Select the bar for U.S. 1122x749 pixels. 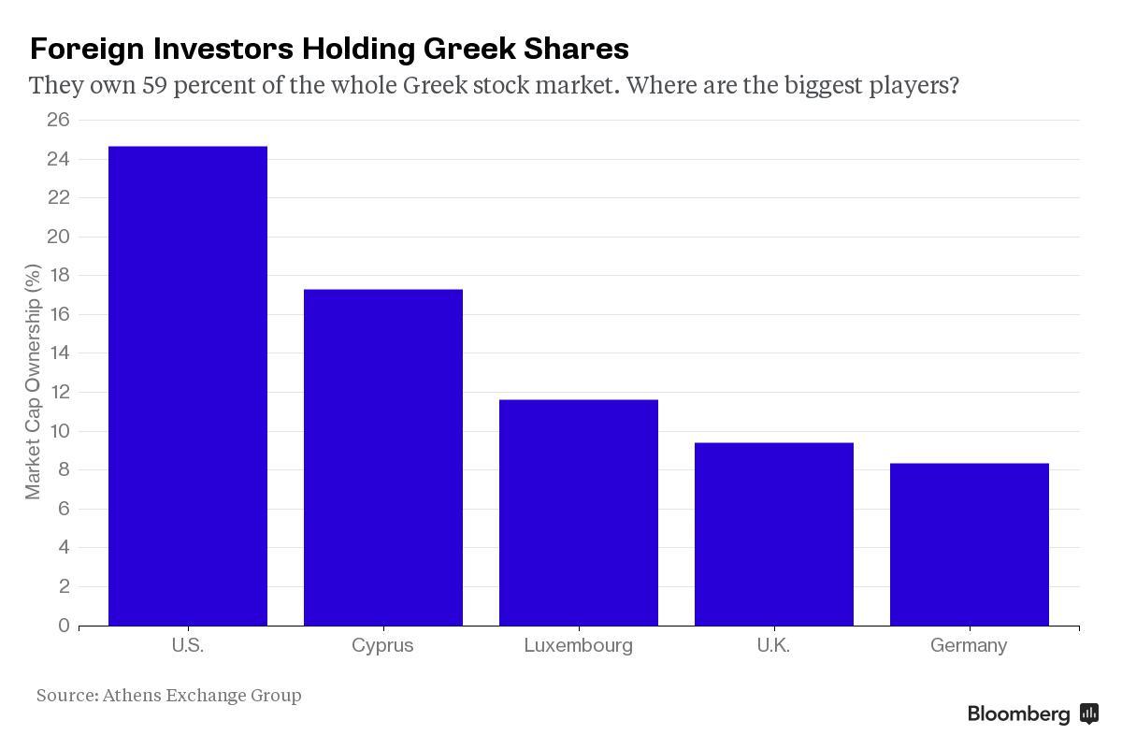[188, 385]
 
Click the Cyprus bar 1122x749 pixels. [383, 457]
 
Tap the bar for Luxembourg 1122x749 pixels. [579, 512]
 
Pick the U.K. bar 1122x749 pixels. [774, 534]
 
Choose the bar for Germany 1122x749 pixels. [970, 544]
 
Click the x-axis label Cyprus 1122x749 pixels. [382, 645]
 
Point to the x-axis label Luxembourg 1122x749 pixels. [578, 645]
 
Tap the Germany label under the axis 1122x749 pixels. [969, 645]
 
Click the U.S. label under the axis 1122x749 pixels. [188, 645]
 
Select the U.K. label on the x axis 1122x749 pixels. [773, 645]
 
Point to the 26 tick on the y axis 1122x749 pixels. [58, 120]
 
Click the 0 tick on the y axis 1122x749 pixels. [64, 626]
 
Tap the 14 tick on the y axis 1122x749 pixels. [58, 353]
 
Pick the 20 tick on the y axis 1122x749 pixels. [58, 237]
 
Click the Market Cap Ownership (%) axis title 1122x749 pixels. [33, 382]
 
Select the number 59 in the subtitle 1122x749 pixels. [154, 86]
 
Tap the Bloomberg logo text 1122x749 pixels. [1018, 714]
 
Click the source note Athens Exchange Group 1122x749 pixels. [201, 695]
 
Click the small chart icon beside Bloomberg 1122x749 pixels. [1089, 714]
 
